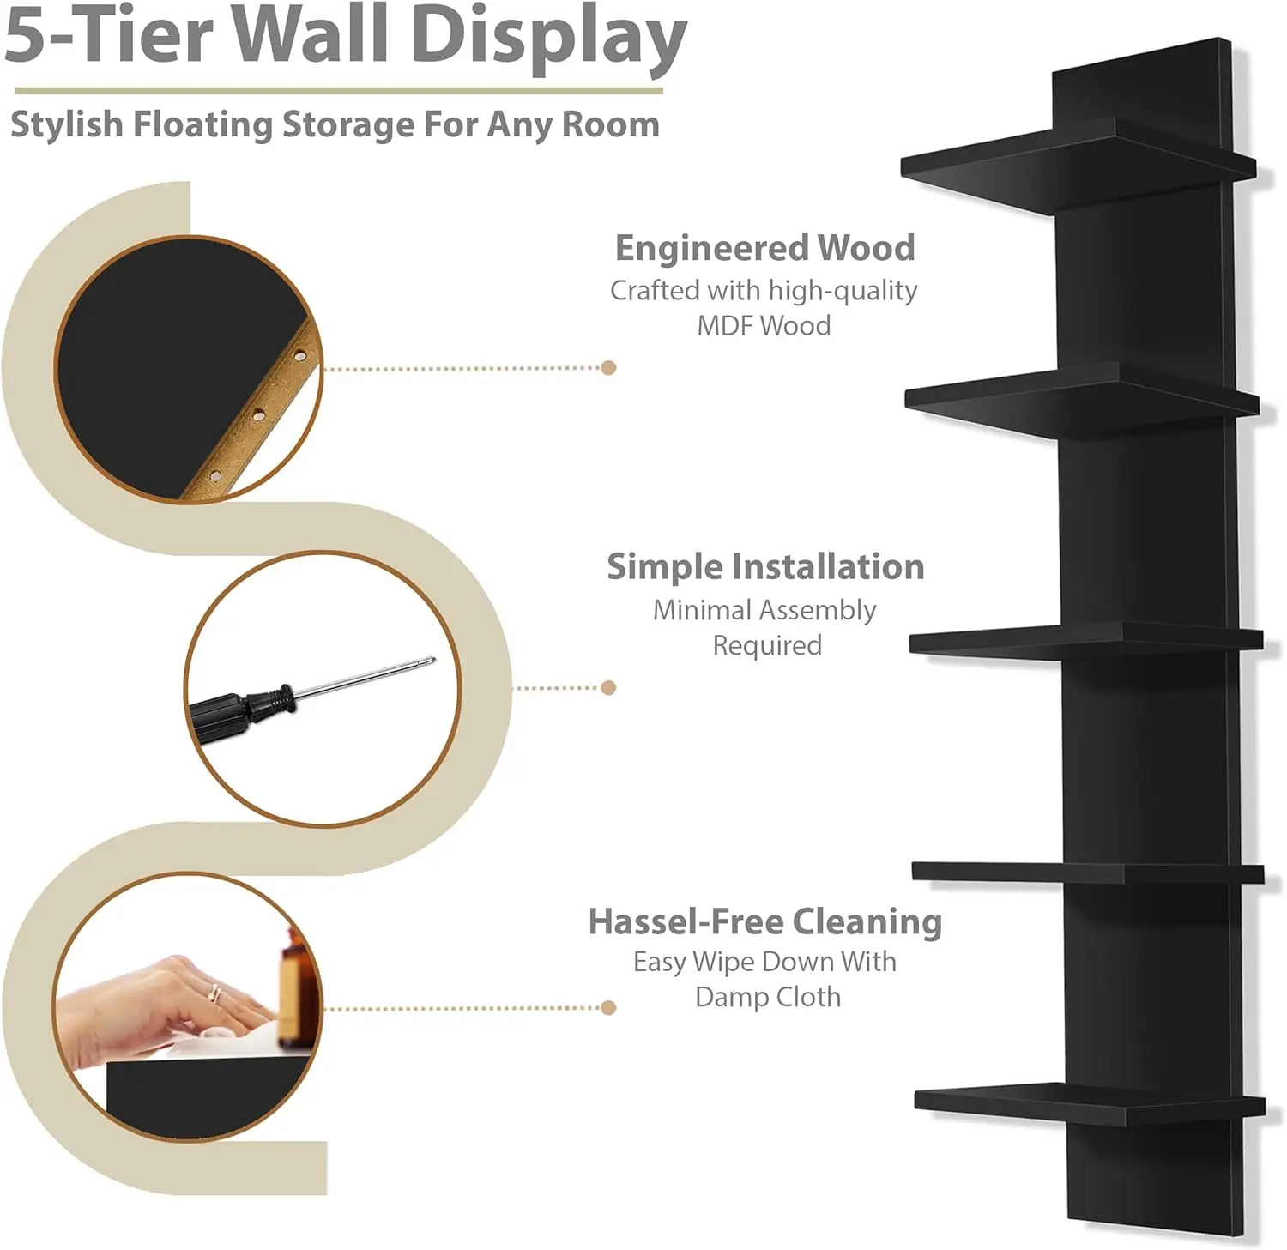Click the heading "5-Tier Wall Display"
point(345,36)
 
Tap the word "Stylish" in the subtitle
point(67,124)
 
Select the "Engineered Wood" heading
point(764,248)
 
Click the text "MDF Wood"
point(764,326)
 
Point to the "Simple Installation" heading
point(765,567)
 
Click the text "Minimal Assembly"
point(764,610)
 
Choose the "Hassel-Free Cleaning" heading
point(764,921)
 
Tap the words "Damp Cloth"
point(768,997)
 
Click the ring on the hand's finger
point(214,993)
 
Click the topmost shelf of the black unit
point(1072,163)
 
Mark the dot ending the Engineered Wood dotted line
point(608,368)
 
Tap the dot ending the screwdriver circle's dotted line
point(608,687)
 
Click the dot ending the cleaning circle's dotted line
point(608,1007)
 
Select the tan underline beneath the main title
point(339,90)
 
